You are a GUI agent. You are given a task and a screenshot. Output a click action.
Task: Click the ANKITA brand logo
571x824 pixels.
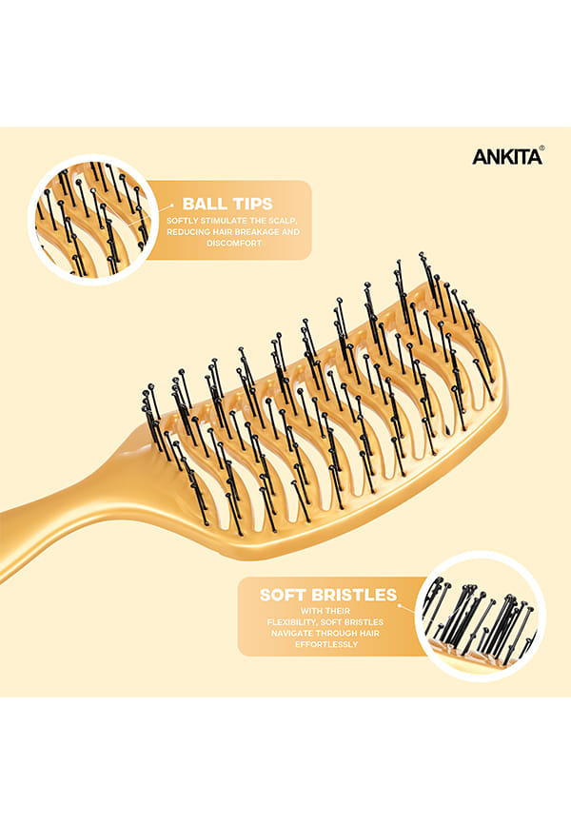[x=506, y=157]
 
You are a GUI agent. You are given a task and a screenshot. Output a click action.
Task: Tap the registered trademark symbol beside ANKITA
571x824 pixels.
[x=542, y=148]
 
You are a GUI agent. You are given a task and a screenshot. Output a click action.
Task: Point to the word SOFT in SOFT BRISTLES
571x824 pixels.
[x=283, y=595]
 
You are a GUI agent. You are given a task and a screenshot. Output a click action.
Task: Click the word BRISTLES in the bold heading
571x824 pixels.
[x=354, y=595]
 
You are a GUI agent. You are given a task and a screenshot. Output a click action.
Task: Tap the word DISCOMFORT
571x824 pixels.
[x=234, y=244]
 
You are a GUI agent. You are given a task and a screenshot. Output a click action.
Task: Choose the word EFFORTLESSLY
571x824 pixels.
[x=326, y=644]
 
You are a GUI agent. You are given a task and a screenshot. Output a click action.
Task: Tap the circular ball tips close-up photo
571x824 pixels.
[x=92, y=220]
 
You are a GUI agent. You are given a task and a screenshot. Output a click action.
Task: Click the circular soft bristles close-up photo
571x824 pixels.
[x=480, y=616]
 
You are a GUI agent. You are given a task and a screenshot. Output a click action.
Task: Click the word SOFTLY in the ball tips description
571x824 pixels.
[x=182, y=221]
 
